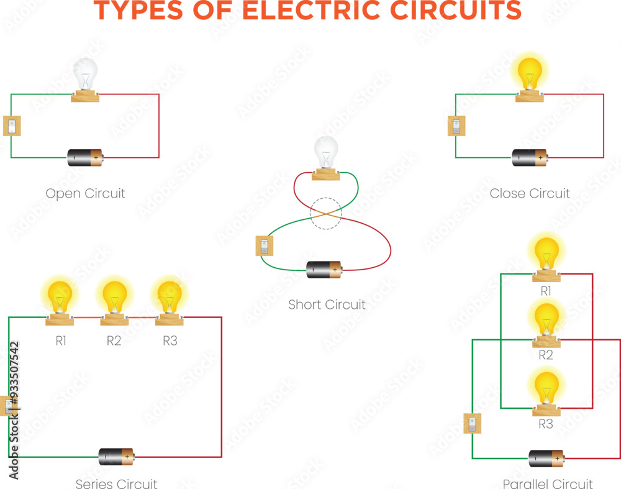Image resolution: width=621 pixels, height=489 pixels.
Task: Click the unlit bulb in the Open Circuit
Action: (85, 75)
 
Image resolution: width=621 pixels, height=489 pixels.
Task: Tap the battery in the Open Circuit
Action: (85, 157)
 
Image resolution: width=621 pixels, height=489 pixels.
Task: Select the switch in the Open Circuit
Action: (12, 126)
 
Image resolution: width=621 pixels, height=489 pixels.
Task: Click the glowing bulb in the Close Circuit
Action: (529, 73)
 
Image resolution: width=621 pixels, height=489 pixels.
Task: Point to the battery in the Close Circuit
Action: (530, 157)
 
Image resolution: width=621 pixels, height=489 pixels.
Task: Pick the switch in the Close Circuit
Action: (456, 126)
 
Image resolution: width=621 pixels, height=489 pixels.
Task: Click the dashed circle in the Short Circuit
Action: (325, 213)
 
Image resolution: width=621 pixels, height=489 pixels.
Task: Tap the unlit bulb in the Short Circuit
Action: (325, 152)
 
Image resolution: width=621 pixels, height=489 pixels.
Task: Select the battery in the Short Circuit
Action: (324, 270)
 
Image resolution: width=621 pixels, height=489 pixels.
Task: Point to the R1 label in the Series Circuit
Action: (60, 340)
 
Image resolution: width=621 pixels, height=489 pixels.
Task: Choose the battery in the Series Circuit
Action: (116, 457)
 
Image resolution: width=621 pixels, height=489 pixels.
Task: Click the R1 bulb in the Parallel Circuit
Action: (546, 254)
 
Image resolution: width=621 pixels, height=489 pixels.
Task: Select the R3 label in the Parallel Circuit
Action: (545, 424)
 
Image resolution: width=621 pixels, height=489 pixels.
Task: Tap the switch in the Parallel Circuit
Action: (472, 424)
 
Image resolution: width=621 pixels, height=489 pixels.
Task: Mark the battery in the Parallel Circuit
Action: (546, 458)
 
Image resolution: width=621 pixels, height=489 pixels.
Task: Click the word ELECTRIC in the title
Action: (314, 11)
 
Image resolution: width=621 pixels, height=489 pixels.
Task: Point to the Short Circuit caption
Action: (327, 304)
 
